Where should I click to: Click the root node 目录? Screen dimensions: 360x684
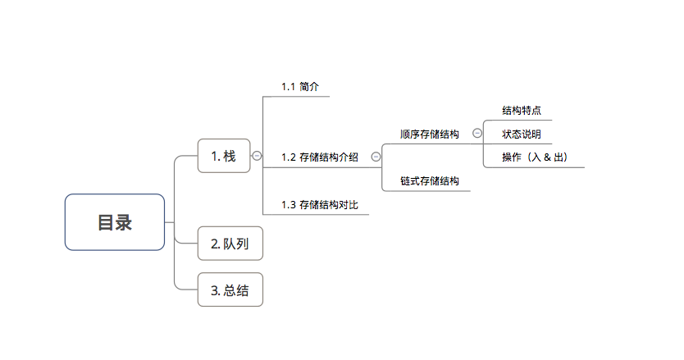click(x=115, y=222)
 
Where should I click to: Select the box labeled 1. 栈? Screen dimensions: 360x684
click(x=224, y=156)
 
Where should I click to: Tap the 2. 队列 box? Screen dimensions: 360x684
click(x=230, y=244)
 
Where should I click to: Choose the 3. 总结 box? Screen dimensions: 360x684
click(x=230, y=289)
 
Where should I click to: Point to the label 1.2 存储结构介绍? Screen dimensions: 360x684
click(x=320, y=157)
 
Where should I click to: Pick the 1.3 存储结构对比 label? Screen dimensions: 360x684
click(x=320, y=204)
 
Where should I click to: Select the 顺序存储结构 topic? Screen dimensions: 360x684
click(x=429, y=133)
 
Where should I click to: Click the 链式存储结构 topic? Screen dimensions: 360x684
click(x=429, y=180)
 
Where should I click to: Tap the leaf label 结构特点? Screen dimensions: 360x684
click(x=522, y=110)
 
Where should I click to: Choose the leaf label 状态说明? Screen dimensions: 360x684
click(x=522, y=134)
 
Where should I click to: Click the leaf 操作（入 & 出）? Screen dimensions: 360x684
click(x=535, y=157)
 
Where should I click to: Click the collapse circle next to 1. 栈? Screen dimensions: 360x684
click(x=257, y=156)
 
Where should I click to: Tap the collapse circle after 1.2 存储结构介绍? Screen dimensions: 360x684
click(x=376, y=156)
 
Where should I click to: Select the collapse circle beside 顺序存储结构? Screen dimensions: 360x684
click(x=477, y=133)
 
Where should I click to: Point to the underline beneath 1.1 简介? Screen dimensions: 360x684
click(x=296, y=97)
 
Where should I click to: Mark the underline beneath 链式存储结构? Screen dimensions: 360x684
click(x=426, y=191)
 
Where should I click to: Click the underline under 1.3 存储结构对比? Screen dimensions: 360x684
click(x=316, y=215)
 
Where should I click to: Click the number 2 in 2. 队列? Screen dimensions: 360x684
click(x=214, y=244)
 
